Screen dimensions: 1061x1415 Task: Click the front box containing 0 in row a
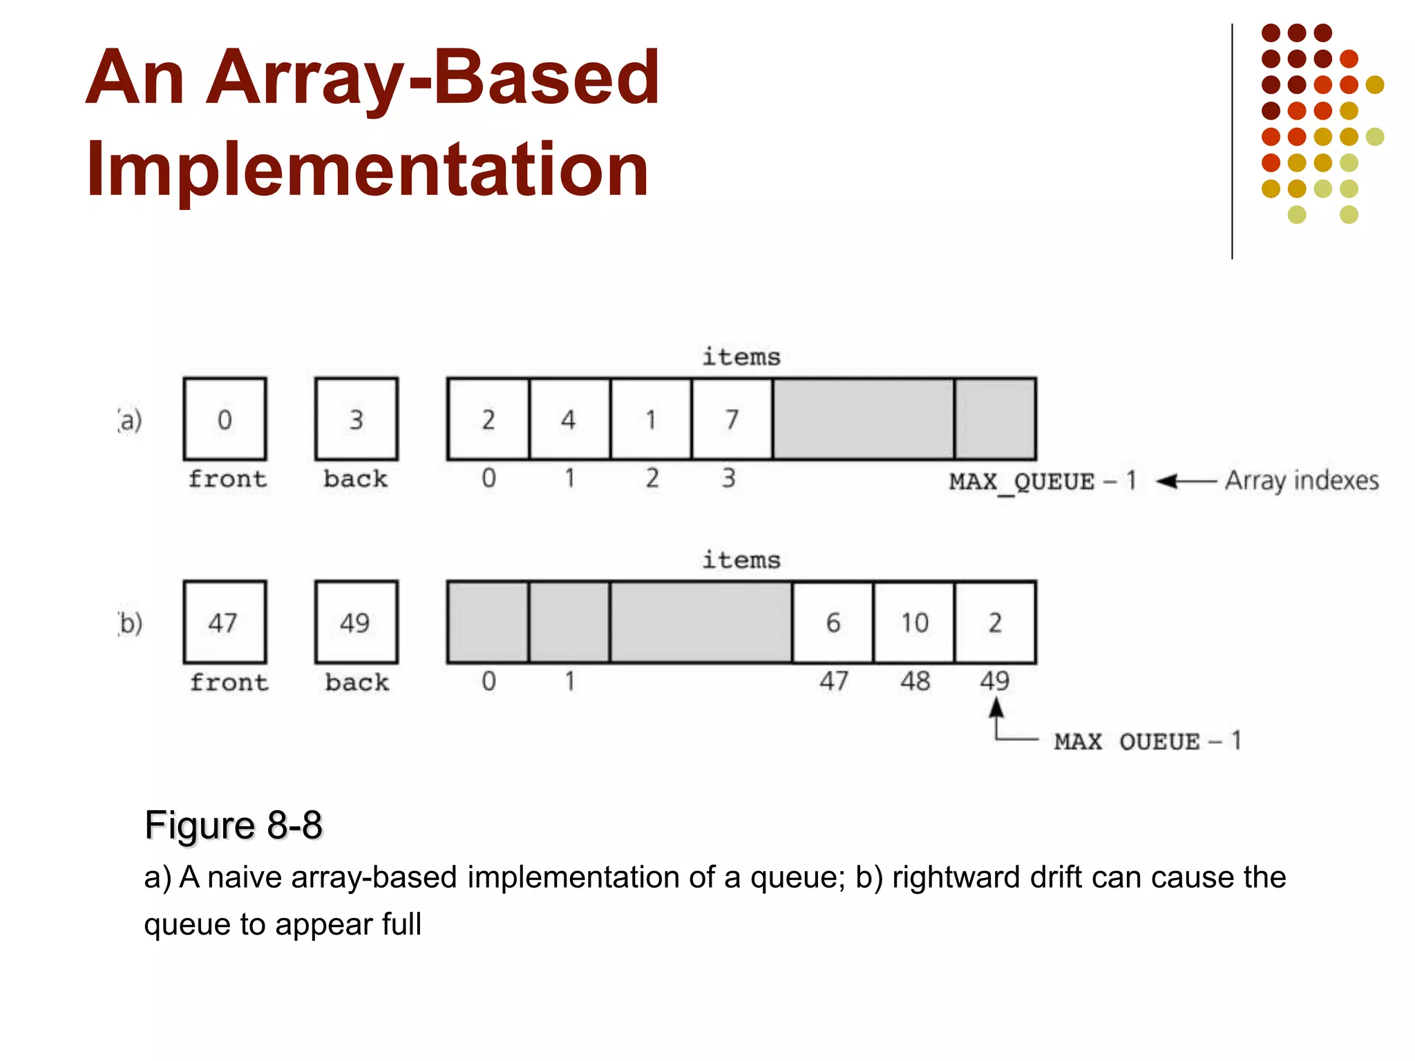coord(225,419)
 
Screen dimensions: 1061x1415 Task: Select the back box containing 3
coord(356,419)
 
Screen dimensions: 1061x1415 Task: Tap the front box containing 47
coord(225,622)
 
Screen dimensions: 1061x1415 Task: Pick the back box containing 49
coord(356,622)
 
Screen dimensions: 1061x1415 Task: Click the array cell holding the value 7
coord(732,419)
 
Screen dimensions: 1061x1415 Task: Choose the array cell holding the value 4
coord(569,419)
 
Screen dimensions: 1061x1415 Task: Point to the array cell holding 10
coord(914,622)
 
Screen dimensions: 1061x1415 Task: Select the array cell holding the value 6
coord(833,622)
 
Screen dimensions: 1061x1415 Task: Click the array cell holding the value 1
coord(651,419)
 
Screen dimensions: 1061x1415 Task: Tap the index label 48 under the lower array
coord(915,681)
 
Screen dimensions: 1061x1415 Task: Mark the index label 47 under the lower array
coord(834,681)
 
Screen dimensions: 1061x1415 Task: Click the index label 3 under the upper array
coord(729,478)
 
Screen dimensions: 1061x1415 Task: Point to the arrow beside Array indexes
coord(1186,481)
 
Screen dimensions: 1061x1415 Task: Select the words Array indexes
coord(1302,481)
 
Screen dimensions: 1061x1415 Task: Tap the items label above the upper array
coord(741,357)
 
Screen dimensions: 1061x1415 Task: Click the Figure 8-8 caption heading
coord(234,825)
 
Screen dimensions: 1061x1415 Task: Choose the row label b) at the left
coord(130,623)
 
